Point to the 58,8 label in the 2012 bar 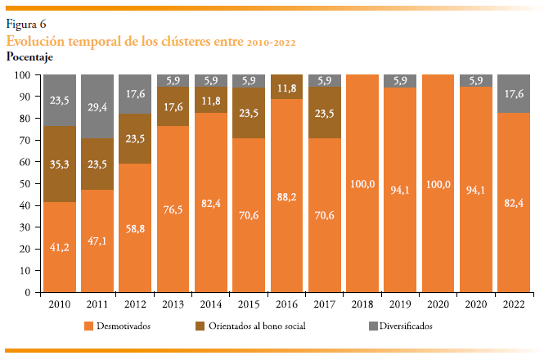tap(136, 231)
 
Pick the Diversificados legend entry tap(401, 326)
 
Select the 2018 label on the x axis tap(362, 304)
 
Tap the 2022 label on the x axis tap(514, 304)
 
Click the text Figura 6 tap(26, 24)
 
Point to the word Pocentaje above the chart tap(29, 56)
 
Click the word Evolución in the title tap(35, 40)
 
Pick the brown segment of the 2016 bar tap(286, 87)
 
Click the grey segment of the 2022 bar tap(514, 93)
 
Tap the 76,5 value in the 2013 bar tap(173, 209)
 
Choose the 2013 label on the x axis tap(173, 304)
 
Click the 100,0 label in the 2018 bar tap(362, 183)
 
